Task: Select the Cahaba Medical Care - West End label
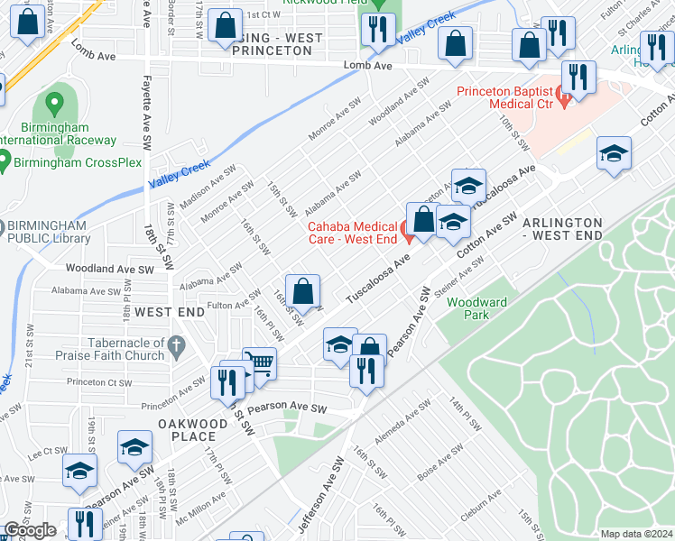pos(352,232)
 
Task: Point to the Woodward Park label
pos(476,308)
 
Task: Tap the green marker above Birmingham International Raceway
pos(54,106)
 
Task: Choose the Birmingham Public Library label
pos(47,232)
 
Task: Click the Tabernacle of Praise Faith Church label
pos(88,349)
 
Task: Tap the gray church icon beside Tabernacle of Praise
pos(177,344)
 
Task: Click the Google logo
pos(30,530)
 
